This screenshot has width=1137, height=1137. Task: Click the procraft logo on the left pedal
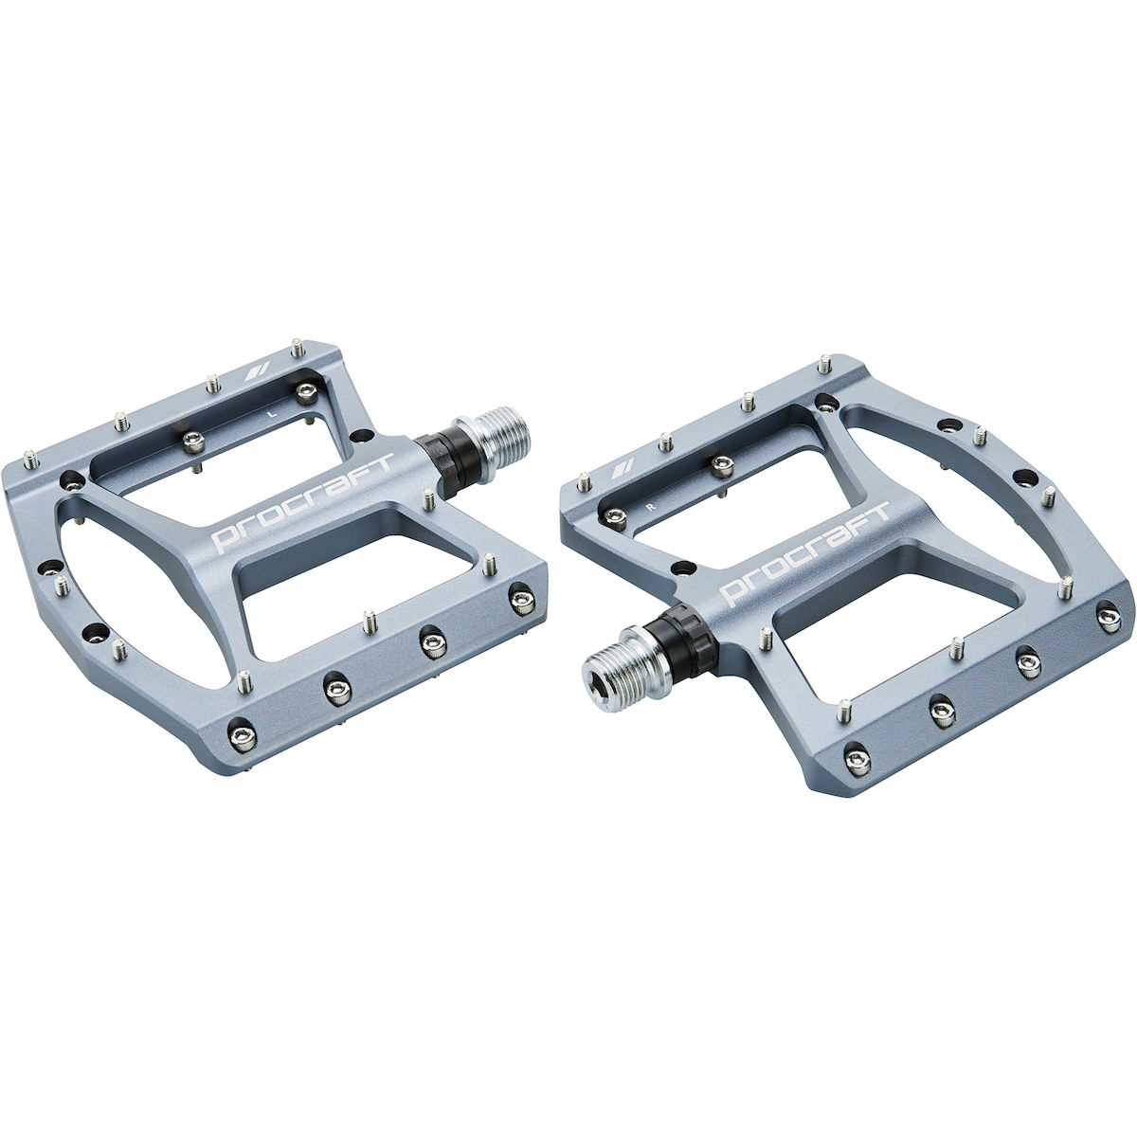(x=302, y=502)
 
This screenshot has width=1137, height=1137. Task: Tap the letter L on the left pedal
(x=271, y=414)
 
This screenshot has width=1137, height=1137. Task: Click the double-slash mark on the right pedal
(x=623, y=467)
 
